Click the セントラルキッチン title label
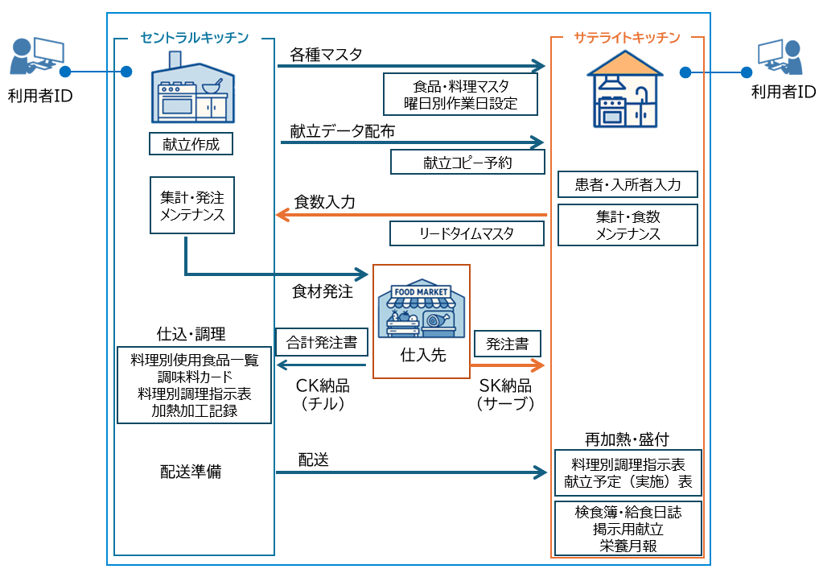(194, 37)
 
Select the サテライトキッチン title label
(627, 37)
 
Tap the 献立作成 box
(191, 144)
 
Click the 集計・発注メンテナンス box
(192, 205)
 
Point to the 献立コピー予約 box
(467, 162)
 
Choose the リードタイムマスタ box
(467, 233)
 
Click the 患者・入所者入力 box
(628, 184)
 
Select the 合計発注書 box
(322, 343)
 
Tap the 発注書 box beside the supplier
(507, 344)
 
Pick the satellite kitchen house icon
(627, 89)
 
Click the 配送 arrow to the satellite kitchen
(411, 472)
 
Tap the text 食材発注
(322, 291)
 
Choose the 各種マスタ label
(326, 55)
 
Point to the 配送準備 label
(191, 472)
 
